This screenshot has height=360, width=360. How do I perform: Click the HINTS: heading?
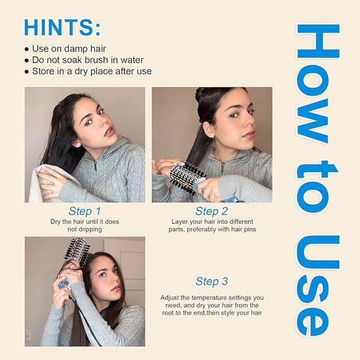pyautogui.click(x=62, y=27)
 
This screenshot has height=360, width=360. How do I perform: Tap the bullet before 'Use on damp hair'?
pyautogui.click(x=27, y=49)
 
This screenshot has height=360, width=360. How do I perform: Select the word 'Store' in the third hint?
pyautogui.click(x=43, y=71)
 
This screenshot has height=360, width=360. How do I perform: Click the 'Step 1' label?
pyautogui.click(x=85, y=211)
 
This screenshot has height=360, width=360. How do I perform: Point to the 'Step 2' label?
pyautogui.click(x=211, y=211)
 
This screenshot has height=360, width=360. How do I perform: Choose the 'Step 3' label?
pyautogui.click(x=212, y=281)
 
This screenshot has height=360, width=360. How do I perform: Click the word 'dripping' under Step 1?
pyautogui.click(x=90, y=229)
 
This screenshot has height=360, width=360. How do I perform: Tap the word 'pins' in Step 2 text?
pyautogui.click(x=250, y=229)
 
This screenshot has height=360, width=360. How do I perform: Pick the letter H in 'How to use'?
pyautogui.click(x=318, y=41)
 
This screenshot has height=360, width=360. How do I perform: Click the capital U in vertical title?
pyautogui.click(x=318, y=252)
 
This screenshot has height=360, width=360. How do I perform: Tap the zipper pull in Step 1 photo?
pyautogui.click(x=95, y=166)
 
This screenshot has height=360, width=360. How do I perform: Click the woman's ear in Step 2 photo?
pyautogui.click(x=208, y=129)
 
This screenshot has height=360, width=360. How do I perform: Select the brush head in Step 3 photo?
pyautogui.click(x=77, y=249)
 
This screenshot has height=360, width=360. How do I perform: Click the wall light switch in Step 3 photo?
pyautogui.click(x=28, y=335)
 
